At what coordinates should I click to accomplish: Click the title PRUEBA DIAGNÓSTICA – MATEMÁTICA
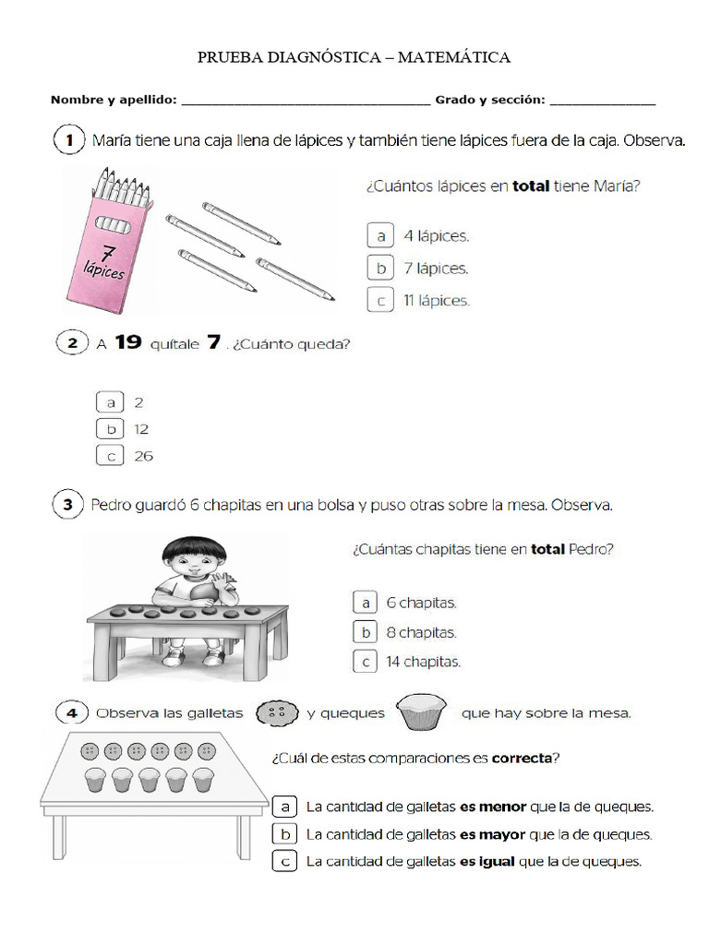tap(354, 58)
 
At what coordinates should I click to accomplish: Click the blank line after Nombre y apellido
tap(306, 101)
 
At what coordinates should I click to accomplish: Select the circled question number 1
tap(69, 141)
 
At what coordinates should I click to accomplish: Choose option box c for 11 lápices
tap(379, 300)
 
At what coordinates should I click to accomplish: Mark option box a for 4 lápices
tap(379, 236)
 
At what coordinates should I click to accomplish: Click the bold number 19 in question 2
tap(128, 343)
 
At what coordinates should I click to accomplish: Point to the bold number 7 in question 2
tap(213, 343)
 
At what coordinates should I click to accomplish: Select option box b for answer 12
tap(110, 429)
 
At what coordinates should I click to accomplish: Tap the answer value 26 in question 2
tap(143, 456)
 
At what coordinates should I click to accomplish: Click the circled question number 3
tap(69, 505)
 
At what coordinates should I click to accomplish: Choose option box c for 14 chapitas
tap(366, 662)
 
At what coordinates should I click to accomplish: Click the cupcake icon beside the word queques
tap(421, 711)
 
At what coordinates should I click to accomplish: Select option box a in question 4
tap(285, 807)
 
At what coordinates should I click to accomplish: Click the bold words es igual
tap(488, 862)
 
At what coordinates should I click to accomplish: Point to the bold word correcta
tap(524, 760)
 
